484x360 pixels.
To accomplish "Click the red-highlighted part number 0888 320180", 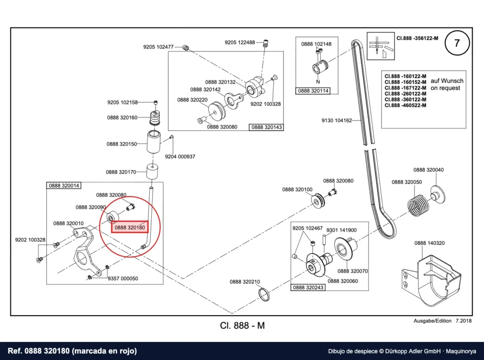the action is click(x=130, y=228).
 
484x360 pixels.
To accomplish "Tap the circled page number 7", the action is click(x=457, y=43).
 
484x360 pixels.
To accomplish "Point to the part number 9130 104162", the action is click(x=337, y=120).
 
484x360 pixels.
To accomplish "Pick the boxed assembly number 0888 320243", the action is click(x=308, y=288).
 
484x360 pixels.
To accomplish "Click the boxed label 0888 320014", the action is click(x=64, y=186).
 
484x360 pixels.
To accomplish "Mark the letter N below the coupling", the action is click(x=318, y=82).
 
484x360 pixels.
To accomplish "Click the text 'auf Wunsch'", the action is click(x=447, y=81).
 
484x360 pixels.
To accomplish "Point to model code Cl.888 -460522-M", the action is click(x=405, y=105).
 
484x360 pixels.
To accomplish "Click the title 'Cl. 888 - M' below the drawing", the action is click(x=242, y=326).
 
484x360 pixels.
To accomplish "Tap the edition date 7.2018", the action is click(x=464, y=321).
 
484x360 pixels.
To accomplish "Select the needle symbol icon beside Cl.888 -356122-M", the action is click(x=380, y=46).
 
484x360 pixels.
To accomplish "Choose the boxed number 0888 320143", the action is click(x=267, y=128).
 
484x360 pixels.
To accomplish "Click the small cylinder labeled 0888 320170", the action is click(x=152, y=171).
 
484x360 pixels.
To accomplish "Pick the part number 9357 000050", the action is click(x=123, y=279).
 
